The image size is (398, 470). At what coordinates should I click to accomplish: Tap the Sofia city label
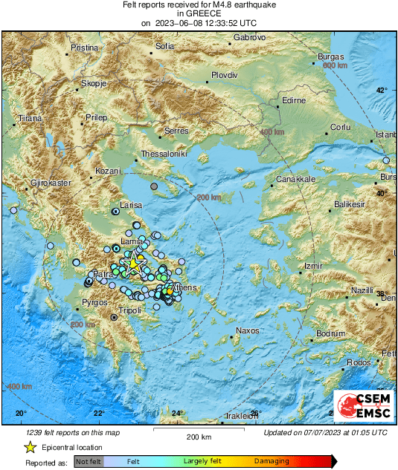(x=164, y=46)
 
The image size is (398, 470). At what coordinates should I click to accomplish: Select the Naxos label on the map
(x=245, y=330)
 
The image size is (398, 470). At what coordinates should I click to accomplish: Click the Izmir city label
(x=312, y=266)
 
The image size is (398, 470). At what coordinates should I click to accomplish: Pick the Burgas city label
(x=330, y=57)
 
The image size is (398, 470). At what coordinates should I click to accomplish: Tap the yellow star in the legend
(x=30, y=448)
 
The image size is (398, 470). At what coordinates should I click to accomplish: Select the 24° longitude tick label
(x=177, y=414)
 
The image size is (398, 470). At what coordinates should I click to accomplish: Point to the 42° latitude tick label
(x=380, y=91)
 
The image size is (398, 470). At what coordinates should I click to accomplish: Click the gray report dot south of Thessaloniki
(x=154, y=186)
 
